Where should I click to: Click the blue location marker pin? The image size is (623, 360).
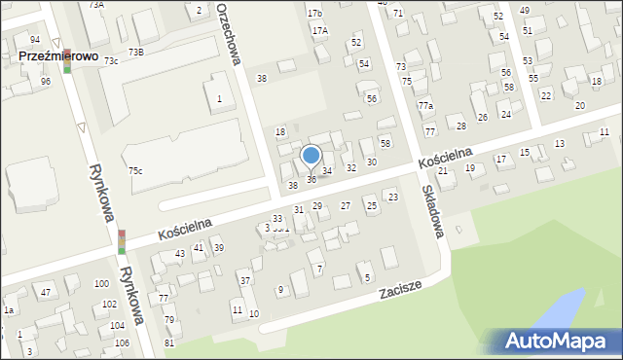(x=311, y=156)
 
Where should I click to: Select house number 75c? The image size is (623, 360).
(x=135, y=171)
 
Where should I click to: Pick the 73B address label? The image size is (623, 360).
(x=135, y=52)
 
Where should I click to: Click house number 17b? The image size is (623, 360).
(x=314, y=14)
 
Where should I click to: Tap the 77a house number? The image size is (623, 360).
(x=424, y=105)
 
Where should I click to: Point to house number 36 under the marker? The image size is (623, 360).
(x=311, y=180)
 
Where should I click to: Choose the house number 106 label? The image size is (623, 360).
(x=122, y=343)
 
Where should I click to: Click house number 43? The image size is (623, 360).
(x=180, y=254)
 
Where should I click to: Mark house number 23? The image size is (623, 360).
(x=393, y=198)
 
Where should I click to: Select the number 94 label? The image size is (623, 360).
(x=35, y=39)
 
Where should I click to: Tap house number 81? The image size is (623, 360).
(x=169, y=343)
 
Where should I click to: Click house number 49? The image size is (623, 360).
(x=525, y=10)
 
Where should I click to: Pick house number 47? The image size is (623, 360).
(x=46, y=292)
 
